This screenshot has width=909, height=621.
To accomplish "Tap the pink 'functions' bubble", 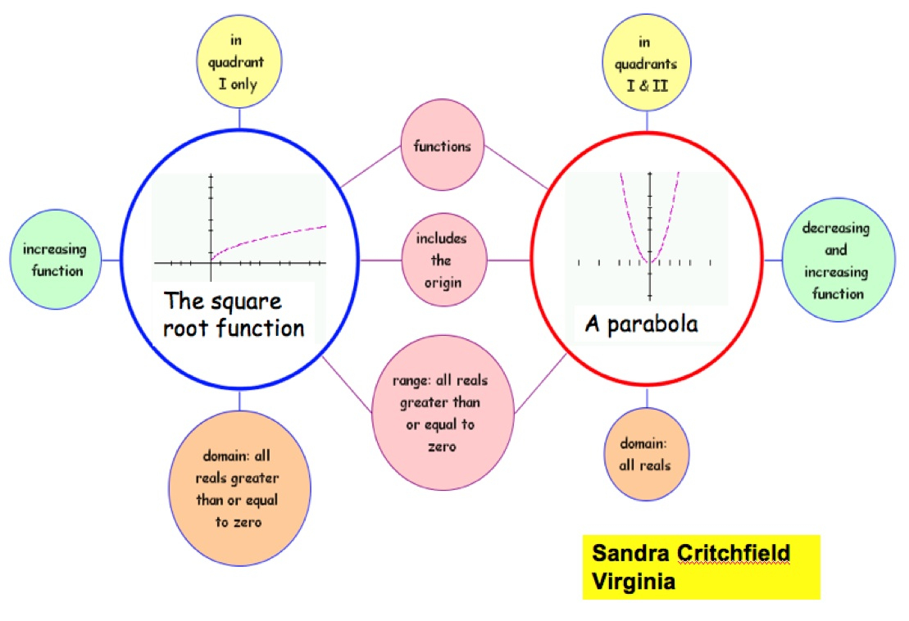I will click(443, 147).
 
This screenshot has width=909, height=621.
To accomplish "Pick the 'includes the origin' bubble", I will click(443, 261).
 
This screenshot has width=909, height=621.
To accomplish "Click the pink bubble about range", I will click(443, 414).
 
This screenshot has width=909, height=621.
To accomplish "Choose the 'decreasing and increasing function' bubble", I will click(835, 261).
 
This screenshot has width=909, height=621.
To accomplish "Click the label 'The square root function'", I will click(234, 315).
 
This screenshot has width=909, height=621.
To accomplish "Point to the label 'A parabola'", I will click(641, 324).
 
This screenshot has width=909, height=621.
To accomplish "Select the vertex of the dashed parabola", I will click(649, 261).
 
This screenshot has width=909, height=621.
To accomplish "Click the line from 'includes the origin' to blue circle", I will click(380, 261).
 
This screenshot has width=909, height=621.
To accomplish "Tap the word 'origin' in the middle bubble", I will click(443, 283).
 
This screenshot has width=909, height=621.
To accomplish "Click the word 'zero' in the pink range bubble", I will click(443, 446).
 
